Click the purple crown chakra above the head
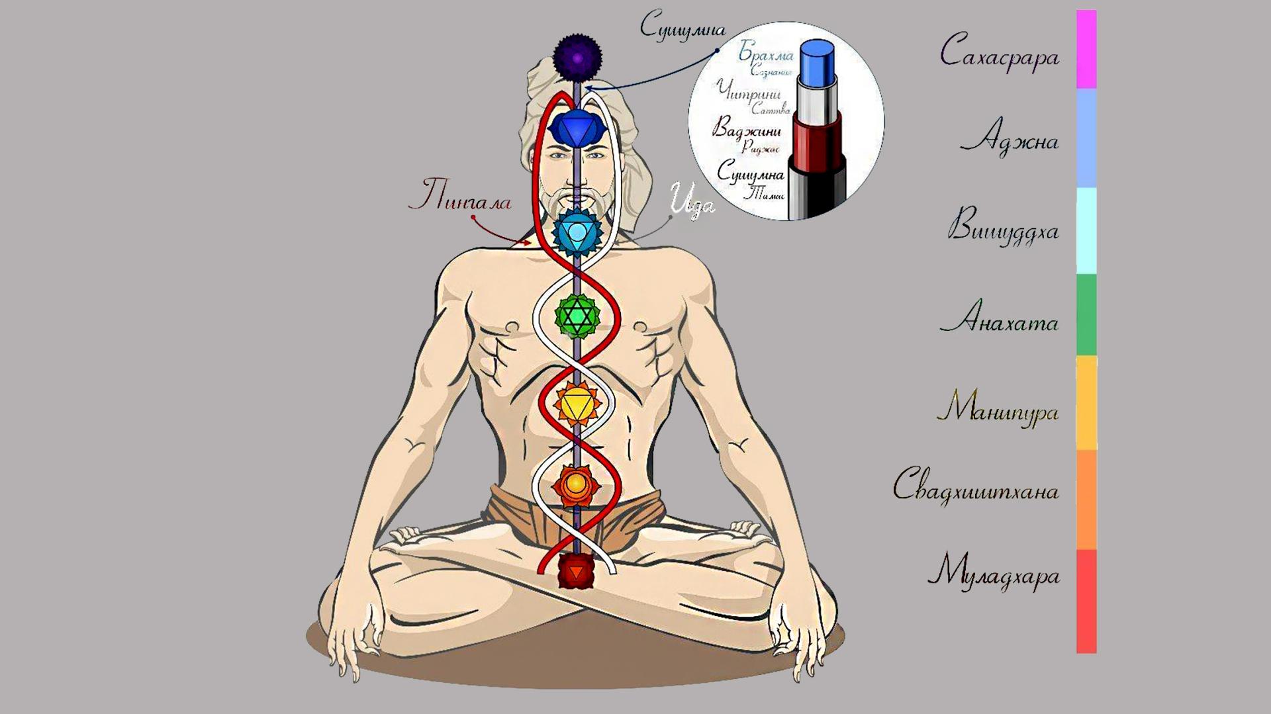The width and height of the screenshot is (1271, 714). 577,58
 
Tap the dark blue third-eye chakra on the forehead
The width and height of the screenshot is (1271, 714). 577,127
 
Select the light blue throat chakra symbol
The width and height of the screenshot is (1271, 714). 577,232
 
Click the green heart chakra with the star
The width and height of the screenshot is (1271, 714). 577,316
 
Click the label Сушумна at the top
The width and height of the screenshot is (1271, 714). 683,27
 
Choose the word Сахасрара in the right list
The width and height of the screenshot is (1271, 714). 1000,53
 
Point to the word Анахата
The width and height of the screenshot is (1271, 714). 1000,321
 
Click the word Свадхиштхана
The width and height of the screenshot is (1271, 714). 976,488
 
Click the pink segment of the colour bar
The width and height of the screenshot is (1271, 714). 1086,50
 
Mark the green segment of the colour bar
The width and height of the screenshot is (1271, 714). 1086,315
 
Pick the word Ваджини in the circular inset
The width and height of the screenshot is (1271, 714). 747,128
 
